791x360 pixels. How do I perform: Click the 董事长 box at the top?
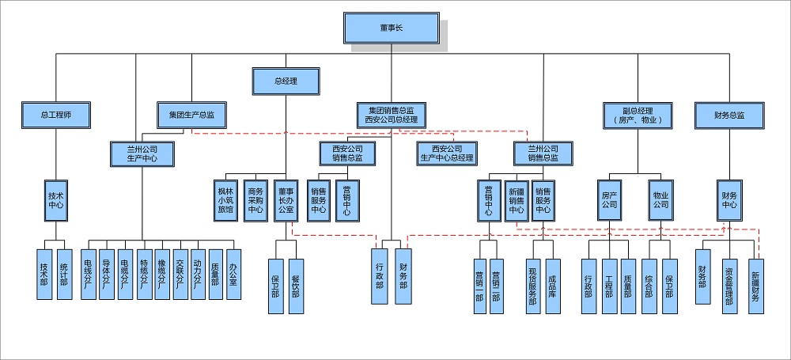click(391, 28)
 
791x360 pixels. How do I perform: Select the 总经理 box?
click(286, 81)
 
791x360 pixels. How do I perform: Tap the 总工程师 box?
click(56, 115)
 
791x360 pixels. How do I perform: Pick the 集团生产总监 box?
click(191, 115)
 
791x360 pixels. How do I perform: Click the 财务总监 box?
click(729, 115)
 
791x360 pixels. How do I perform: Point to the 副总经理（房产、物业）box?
click(638, 115)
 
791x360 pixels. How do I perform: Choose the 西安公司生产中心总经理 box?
click(447, 153)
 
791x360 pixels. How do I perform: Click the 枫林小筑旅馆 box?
click(225, 201)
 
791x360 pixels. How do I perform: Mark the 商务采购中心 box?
click(255, 201)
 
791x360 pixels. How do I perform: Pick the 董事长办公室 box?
click(286, 201)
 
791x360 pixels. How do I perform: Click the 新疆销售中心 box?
click(517, 201)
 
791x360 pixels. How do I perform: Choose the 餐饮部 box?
click(295, 286)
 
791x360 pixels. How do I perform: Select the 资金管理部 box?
click(729, 286)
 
